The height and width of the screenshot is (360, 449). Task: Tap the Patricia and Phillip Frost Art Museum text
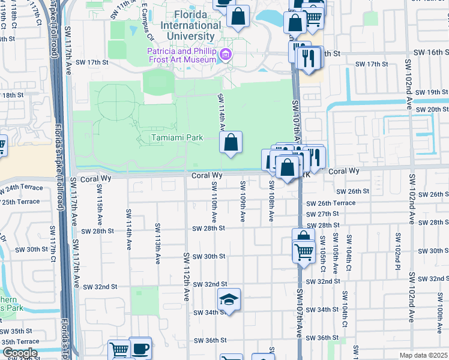182,55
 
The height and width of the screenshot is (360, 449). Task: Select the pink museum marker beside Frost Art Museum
226,56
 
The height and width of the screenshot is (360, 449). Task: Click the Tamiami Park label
176,138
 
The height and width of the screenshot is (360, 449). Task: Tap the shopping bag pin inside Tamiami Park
230,143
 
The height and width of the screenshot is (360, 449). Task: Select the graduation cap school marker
228,299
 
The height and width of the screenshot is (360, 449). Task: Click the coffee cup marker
140,348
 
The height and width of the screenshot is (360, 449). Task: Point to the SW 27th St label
322,214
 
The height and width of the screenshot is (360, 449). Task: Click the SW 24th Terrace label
22,188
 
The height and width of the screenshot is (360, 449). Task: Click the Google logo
19,353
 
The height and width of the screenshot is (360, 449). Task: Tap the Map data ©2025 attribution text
423,355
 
